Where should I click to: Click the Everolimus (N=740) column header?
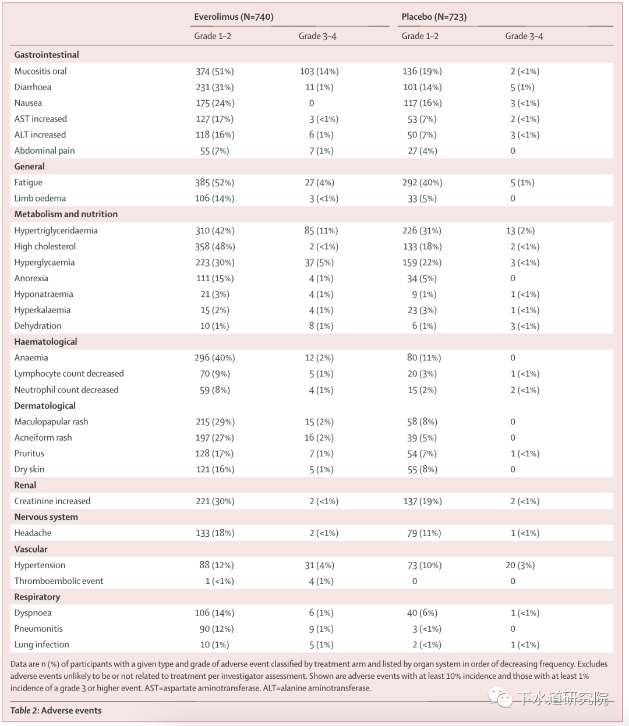click(234, 17)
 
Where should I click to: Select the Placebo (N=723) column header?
click(434, 17)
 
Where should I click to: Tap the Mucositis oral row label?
click(41, 71)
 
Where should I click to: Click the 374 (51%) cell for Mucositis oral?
click(214, 71)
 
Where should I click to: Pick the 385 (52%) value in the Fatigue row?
click(214, 182)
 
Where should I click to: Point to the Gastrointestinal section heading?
click(47, 55)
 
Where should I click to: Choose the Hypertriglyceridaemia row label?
click(56, 231)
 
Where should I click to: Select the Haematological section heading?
click(45, 342)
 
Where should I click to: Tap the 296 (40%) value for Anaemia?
click(214, 357)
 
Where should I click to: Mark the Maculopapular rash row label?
click(51, 422)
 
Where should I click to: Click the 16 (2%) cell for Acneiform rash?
click(319, 437)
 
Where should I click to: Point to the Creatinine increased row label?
click(52, 501)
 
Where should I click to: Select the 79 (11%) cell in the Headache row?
click(424, 533)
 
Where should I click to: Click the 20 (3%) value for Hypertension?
click(520, 565)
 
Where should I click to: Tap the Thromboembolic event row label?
click(59, 580)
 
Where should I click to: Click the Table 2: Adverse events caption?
click(56, 710)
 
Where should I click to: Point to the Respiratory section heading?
click(37, 597)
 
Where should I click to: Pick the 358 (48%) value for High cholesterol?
click(214, 246)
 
